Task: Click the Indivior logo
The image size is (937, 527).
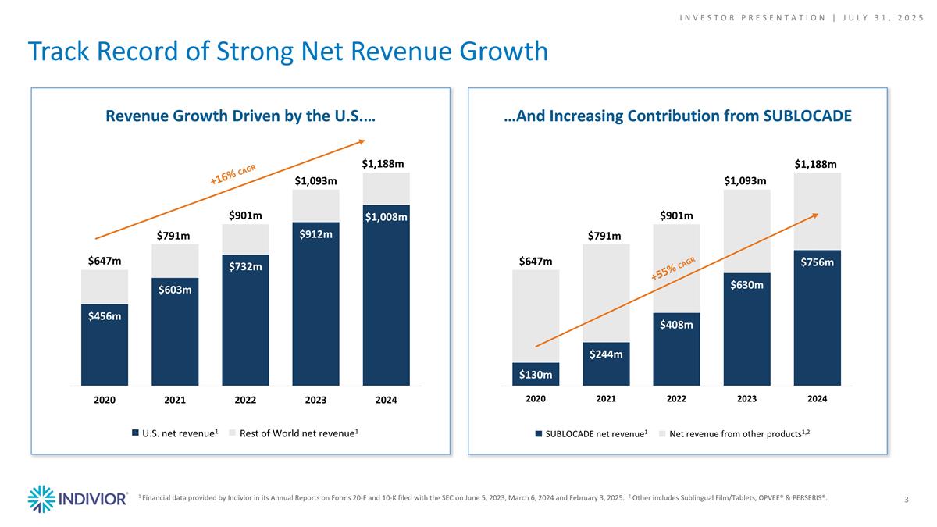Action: (x=77, y=499)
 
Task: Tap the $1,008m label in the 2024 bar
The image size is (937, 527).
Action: (x=386, y=217)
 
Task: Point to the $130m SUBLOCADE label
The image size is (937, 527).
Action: (x=536, y=375)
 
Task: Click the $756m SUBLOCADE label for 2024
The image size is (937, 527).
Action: (x=817, y=262)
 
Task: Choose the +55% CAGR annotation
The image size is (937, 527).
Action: (x=672, y=268)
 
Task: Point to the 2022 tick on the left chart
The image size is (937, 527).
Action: (x=245, y=400)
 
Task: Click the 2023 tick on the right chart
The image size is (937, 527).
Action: (x=746, y=399)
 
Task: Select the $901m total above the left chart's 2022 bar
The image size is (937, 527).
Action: (x=244, y=215)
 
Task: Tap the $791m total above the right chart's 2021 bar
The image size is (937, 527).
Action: (x=605, y=235)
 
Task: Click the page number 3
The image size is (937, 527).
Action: (x=906, y=499)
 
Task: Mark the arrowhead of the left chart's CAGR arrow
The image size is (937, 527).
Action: (x=362, y=141)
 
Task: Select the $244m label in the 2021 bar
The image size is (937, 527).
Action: (x=606, y=354)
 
